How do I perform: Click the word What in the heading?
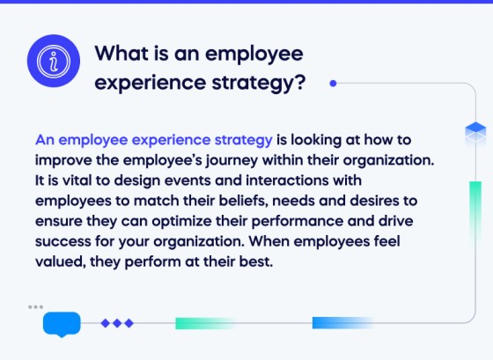(x=123, y=55)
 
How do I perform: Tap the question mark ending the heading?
(x=299, y=84)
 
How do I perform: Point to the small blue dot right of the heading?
(x=333, y=84)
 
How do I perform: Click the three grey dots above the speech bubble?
(x=35, y=307)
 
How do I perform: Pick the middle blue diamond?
(x=117, y=323)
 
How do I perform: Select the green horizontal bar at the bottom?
(x=205, y=323)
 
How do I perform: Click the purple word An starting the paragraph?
(x=45, y=141)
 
